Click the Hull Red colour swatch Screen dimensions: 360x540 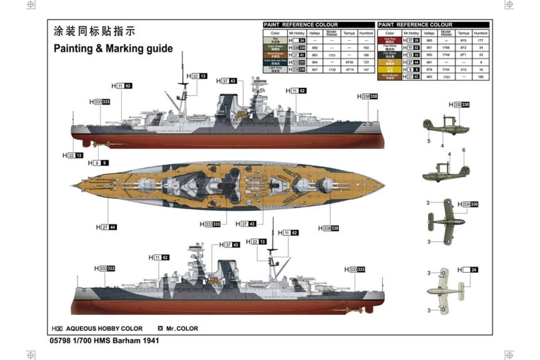click(x=390, y=40)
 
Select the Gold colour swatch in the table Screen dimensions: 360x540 click(x=390, y=69)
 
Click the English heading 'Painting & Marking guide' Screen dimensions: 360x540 click(x=113, y=49)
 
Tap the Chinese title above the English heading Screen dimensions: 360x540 click(x=94, y=31)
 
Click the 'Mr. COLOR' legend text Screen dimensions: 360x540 click(x=182, y=328)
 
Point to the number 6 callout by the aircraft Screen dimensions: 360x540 click(x=463, y=150)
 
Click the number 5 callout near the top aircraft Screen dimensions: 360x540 click(x=429, y=141)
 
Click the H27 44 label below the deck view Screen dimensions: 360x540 click(x=106, y=227)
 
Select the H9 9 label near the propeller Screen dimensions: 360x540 click(x=98, y=162)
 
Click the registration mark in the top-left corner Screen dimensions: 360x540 click(x=31, y=4)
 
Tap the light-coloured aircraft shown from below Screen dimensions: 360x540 click(x=443, y=291)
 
